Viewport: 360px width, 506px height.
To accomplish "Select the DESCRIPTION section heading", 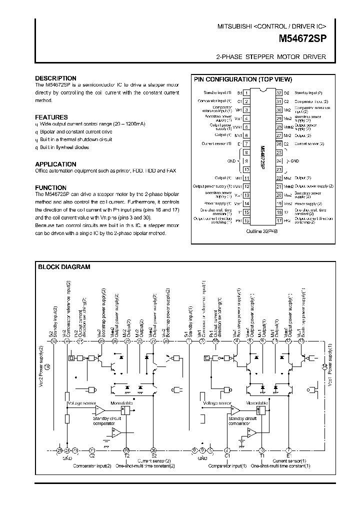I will [55, 78].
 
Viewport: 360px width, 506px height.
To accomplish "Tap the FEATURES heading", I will [51, 117].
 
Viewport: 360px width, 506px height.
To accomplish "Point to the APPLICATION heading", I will [55, 164].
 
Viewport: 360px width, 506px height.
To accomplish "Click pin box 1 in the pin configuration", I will [247, 93].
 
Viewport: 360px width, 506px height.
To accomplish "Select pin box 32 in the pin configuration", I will [279, 93].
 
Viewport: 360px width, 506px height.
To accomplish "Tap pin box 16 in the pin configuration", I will [247, 220].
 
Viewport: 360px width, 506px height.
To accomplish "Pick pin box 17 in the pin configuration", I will [279, 220].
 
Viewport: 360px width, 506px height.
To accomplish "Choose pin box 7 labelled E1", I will [247, 143].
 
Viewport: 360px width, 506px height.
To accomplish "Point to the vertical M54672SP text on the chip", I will [263, 157].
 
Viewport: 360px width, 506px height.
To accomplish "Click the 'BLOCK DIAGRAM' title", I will [64, 267].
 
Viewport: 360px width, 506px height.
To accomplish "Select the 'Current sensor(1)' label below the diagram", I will [289, 460].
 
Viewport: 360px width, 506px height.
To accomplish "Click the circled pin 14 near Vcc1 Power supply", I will [324, 367].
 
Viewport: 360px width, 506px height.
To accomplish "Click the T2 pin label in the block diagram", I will [126, 455].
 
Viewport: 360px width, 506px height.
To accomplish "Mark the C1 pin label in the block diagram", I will [227, 455].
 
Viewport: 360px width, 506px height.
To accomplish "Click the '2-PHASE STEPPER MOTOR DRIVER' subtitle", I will [270, 57].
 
